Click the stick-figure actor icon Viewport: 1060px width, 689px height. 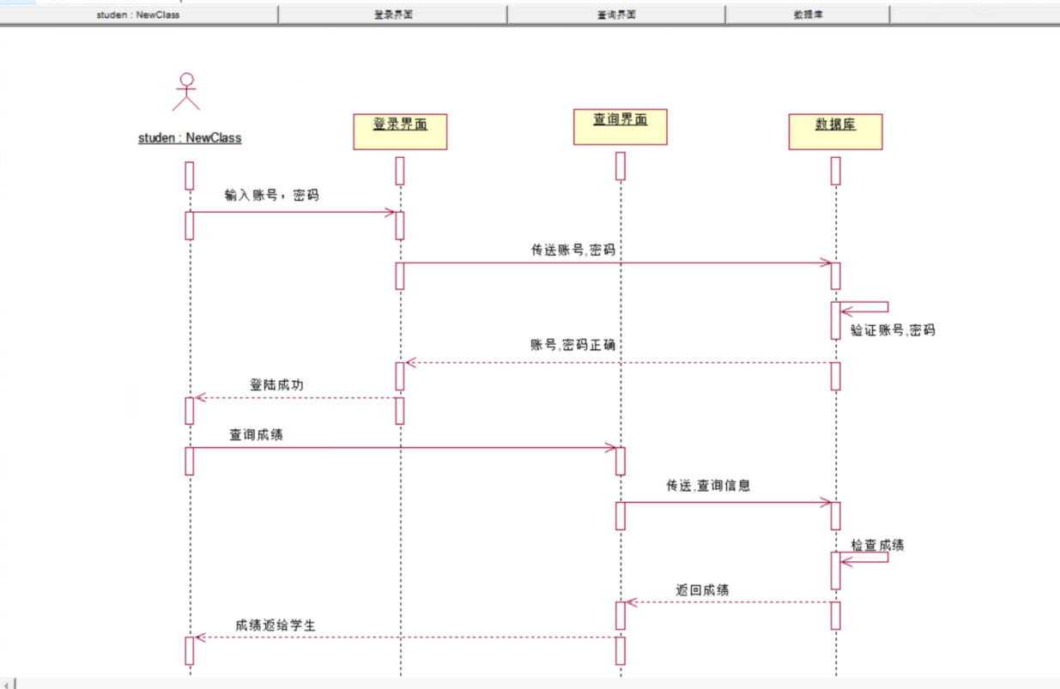(x=185, y=92)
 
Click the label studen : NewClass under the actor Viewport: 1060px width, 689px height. (x=190, y=137)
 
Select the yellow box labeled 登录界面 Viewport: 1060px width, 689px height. (x=400, y=131)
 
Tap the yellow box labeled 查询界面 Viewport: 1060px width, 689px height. (x=620, y=127)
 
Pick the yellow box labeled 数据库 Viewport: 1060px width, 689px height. (x=835, y=131)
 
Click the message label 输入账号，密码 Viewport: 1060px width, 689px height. (x=271, y=195)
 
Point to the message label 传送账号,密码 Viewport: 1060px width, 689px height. (x=573, y=250)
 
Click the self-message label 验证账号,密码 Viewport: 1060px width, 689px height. (x=893, y=329)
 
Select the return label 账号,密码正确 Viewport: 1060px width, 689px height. (x=572, y=345)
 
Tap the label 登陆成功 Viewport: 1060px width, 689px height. (x=276, y=385)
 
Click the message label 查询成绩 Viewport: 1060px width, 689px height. (x=256, y=435)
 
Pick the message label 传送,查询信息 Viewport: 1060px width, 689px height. (x=708, y=485)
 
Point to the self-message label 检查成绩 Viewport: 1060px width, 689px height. (x=877, y=545)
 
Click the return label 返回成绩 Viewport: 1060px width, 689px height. (x=702, y=589)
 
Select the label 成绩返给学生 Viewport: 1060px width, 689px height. (x=276, y=626)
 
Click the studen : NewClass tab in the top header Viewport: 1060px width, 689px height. (x=138, y=15)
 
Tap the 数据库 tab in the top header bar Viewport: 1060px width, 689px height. (x=808, y=15)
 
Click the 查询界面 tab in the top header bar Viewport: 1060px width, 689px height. (x=616, y=15)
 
